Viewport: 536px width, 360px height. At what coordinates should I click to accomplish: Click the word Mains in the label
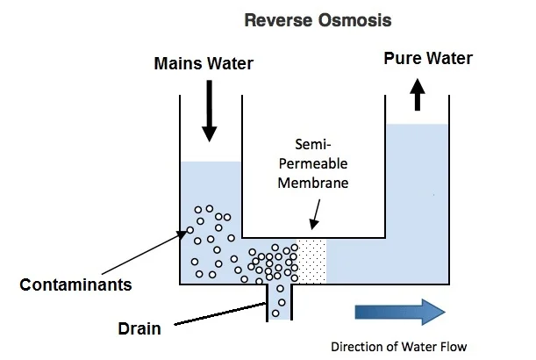pyautogui.click(x=175, y=64)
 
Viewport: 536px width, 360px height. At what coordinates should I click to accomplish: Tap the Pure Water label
pyautogui.click(x=428, y=59)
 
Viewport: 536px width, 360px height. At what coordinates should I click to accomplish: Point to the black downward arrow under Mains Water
pyautogui.click(x=208, y=112)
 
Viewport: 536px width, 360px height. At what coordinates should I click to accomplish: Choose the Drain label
pyautogui.click(x=139, y=329)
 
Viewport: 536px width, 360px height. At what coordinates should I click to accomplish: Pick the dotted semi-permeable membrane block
pyautogui.click(x=311, y=260)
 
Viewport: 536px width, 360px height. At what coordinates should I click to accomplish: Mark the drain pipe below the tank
pyautogui.click(x=280, y=301)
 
